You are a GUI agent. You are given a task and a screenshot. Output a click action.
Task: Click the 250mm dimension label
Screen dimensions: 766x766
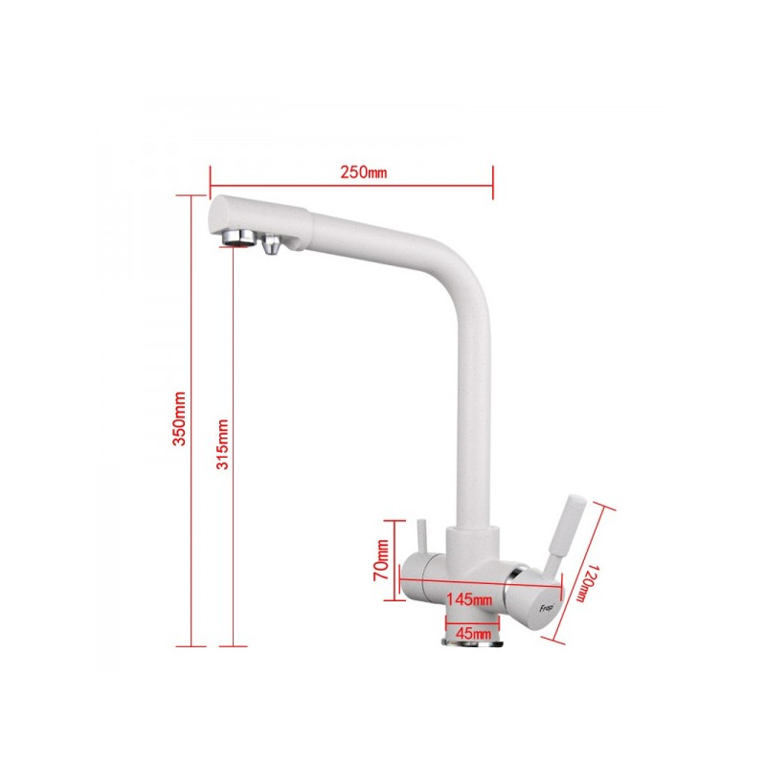pyautogui.click(x=363, y=173)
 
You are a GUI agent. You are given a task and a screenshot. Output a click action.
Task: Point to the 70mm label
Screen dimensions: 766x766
pyautogui.click(x=382, y=560)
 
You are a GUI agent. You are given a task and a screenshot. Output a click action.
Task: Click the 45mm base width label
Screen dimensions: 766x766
pyautogui.click(x=474, y=633)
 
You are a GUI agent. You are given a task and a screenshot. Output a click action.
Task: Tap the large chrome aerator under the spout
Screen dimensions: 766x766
pyautogui.click(x=236, y=237)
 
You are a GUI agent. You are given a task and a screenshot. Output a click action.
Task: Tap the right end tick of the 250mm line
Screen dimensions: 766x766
pyautogui.click(x=492, y=174)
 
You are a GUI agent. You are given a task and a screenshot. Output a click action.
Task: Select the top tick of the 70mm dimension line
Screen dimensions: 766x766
pyautogui.click(x=394, y=521)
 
